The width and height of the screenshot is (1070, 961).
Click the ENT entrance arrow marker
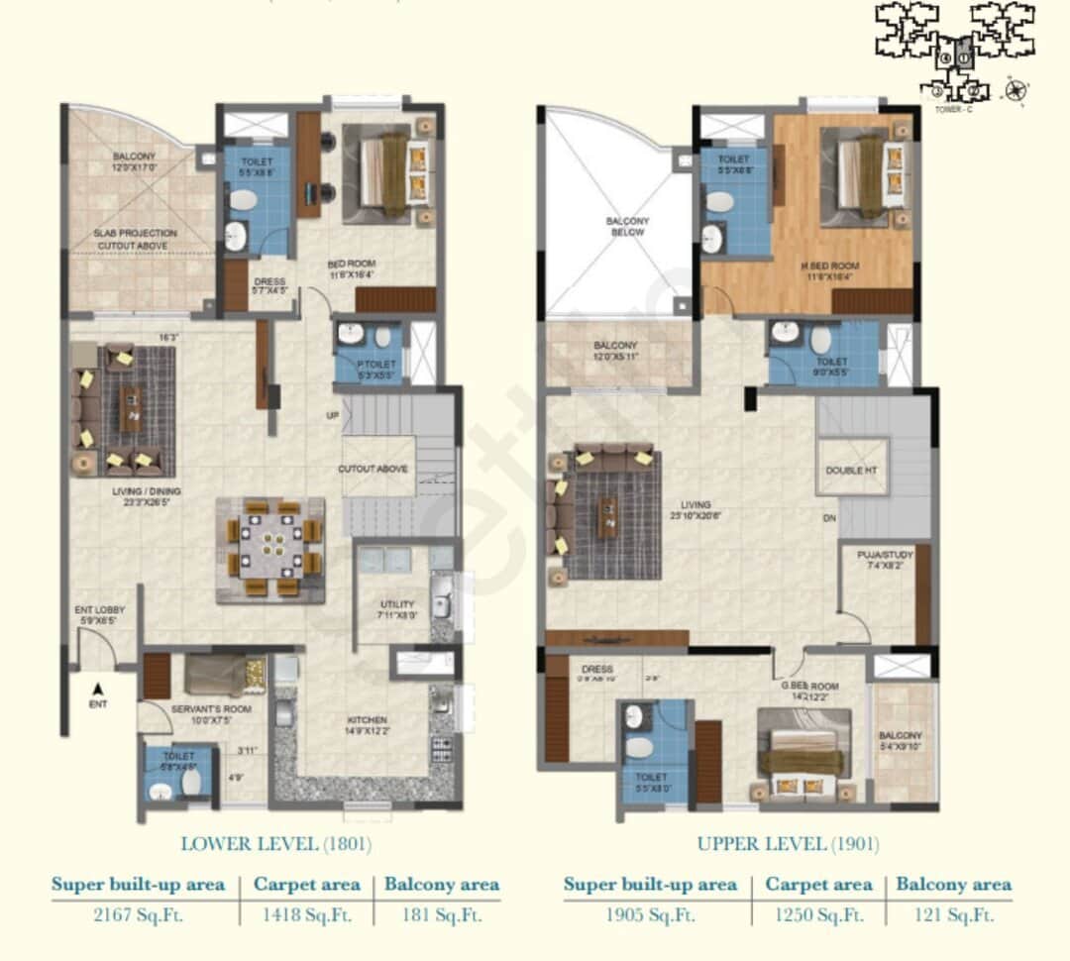(97, 690)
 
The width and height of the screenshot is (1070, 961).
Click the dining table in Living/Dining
(270, 550)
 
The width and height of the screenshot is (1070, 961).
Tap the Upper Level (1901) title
(788, 844)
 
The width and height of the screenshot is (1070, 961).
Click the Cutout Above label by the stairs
(373, 469)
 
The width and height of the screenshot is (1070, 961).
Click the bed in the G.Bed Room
(802, 757)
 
